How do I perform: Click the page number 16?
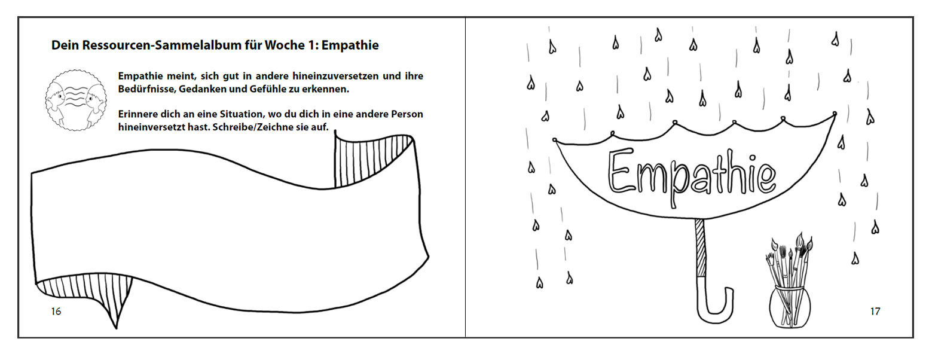pos(56,312)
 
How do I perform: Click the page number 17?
pos(875,312)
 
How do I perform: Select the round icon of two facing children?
pos(76,100)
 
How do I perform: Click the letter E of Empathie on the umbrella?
pos(620,172)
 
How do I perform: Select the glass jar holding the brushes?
pos(789,306)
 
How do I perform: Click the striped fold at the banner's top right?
pos(372,160)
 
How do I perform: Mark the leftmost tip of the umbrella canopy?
pos(555,140)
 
